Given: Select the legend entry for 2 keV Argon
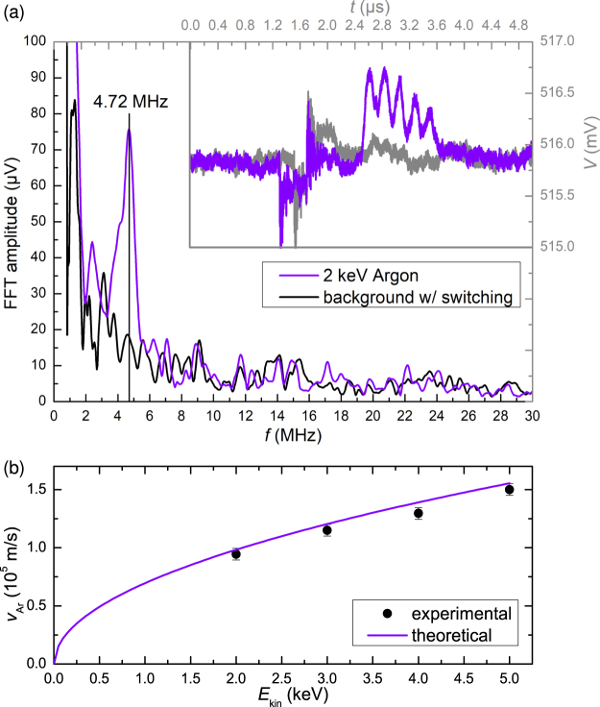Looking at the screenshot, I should [371, 277].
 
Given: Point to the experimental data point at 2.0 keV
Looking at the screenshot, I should [236, 553].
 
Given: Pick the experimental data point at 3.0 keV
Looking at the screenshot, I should [327, 530].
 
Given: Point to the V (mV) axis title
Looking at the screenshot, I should [588, 144].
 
